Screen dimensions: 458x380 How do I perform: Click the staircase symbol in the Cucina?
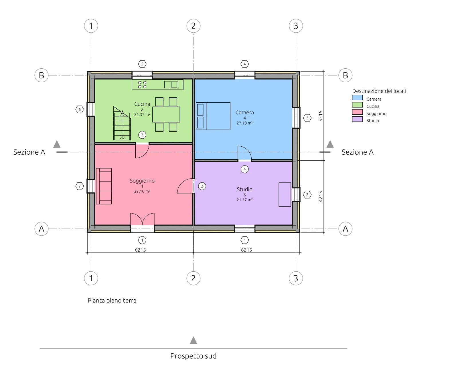click(x=122, y=123)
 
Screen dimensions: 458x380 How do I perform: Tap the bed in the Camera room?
click(x=213, y=116)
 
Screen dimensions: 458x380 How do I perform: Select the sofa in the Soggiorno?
click(x=104, y=186)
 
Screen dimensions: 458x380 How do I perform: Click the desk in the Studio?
click(x=285, y=194)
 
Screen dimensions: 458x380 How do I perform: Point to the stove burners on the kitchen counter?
click(x=142, y=84)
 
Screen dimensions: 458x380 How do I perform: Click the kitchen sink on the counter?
click(x=171, y=85)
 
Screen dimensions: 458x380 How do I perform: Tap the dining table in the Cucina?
click(x=166, y=114)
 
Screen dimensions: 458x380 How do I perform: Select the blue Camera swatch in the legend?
click(x=357, y=98)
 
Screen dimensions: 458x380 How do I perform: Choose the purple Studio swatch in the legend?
click(x=357, y=119)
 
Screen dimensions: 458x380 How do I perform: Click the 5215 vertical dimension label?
click(x=321, y=116)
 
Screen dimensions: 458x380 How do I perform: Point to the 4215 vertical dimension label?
click(x=321, y=196)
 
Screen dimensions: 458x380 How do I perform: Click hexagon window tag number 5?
click(x=142, y=64)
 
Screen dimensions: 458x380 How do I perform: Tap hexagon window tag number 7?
click(x=80, y=186)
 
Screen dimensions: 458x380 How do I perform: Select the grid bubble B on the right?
click(x=346, y=75)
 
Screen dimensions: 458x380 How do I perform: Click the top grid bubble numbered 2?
click(x=194, y=26)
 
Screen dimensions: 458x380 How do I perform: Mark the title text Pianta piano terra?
click(x=112, y=301)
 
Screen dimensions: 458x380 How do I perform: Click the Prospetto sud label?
click(x=194, y=356)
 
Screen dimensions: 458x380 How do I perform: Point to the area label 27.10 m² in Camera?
click(x=244, y=123)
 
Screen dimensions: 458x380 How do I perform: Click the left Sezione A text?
click(x=29, y=152)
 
